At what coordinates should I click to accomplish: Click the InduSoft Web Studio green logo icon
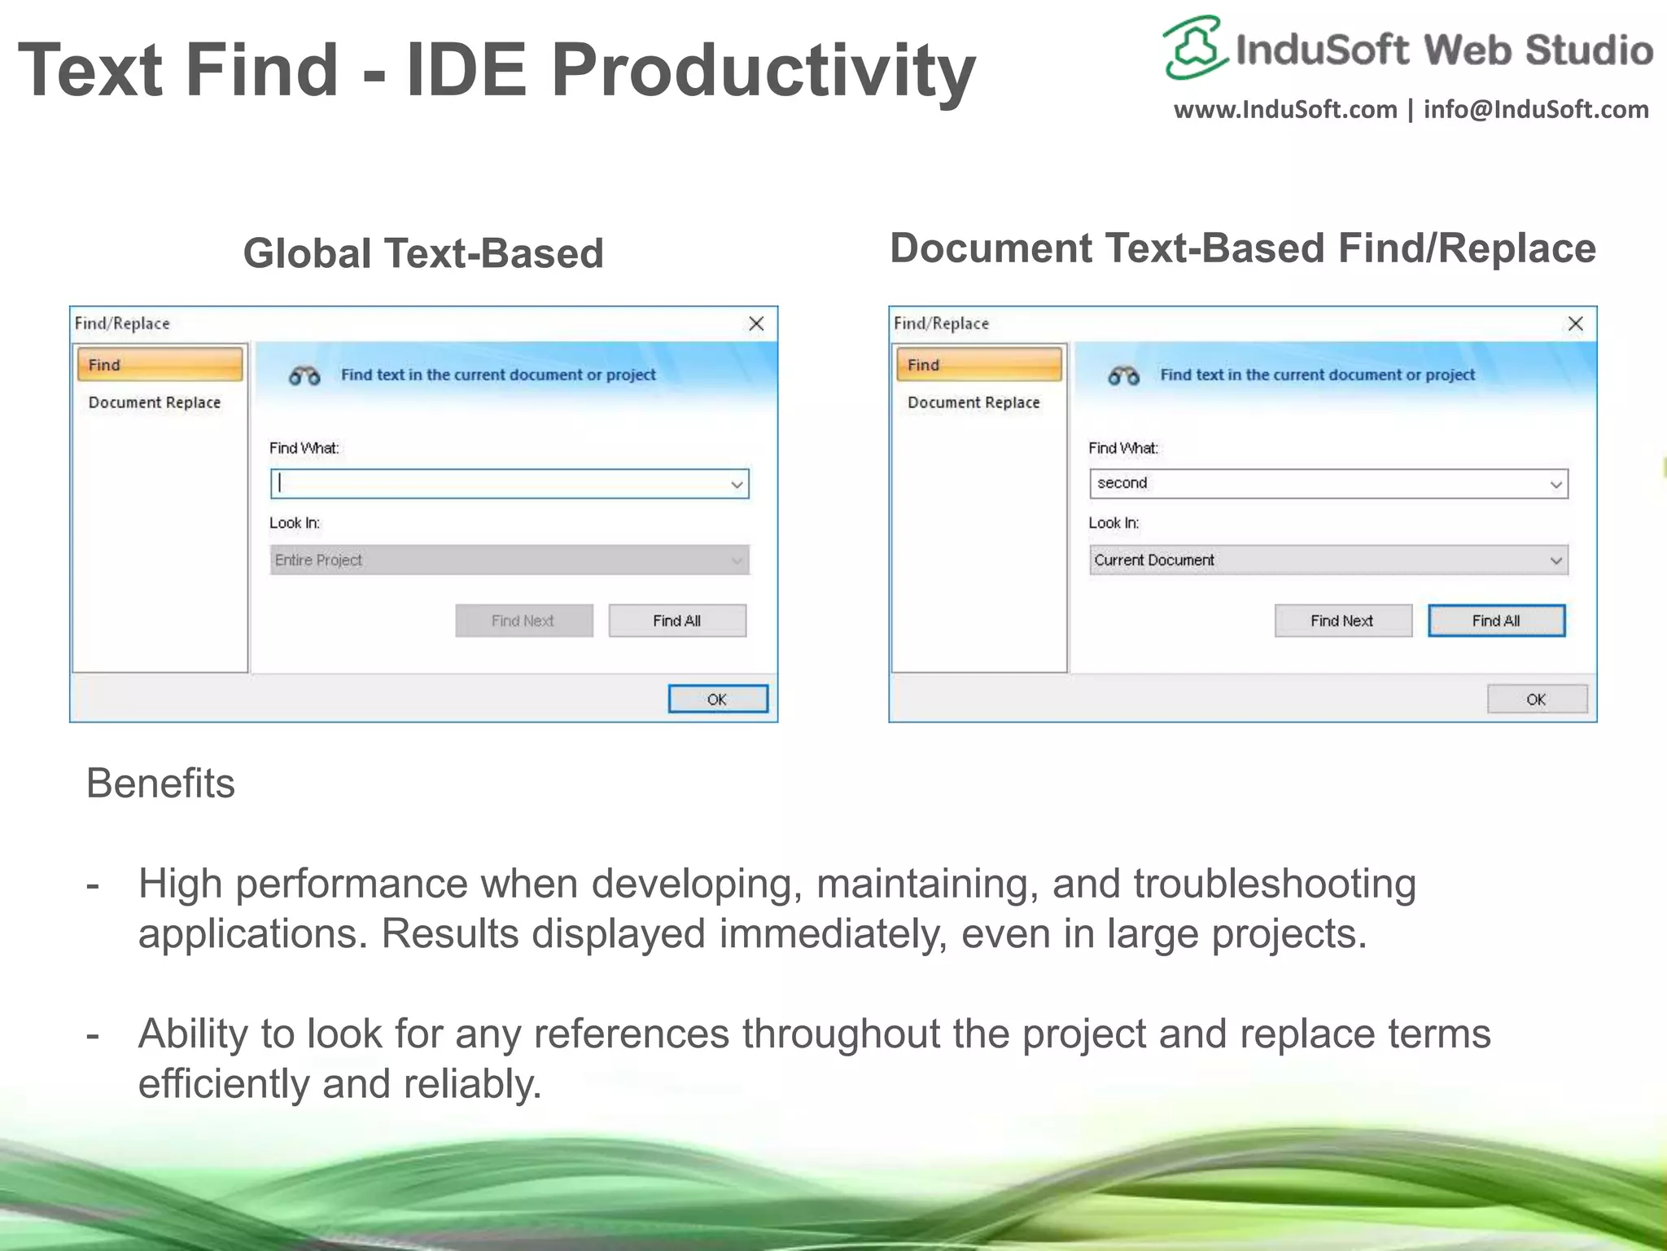click(x=1194, y=47)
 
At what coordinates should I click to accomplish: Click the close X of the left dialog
click(x=756, y=324)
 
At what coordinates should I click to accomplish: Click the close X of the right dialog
click(x=1575, y=324)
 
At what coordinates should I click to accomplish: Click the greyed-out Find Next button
click(x=523, y=621)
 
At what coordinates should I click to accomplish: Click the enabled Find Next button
click(x=1342, y=621)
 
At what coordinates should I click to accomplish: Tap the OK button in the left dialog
click(x=717, y=700)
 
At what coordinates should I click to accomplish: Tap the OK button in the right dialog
click(x=1536, y=700)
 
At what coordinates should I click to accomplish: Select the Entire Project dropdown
click(x=509, y=560)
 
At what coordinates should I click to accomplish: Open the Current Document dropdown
click(x=1328, y=560)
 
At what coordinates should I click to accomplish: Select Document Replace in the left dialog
click(x=155, y=402)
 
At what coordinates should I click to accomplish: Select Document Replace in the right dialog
click(x=974, y=402)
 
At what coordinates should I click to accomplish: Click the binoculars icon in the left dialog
click(x=304, y=375)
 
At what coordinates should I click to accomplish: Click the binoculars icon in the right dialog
click(x=1123, y=375)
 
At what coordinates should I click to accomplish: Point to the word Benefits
click(x=160, y=784)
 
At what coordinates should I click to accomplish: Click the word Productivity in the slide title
click(x=763, y=71)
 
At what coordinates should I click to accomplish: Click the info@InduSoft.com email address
click(x=1536, y=109)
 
